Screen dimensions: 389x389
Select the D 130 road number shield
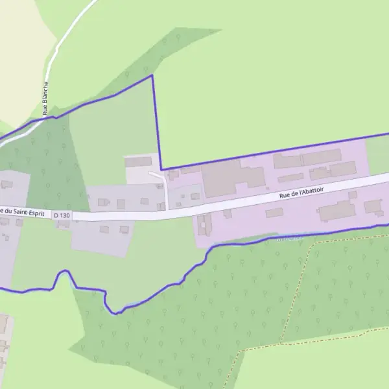(62, 215)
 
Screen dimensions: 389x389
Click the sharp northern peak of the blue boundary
(152, 76)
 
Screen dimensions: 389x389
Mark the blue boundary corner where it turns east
(161, 169)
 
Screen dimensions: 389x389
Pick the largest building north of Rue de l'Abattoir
(233, 178)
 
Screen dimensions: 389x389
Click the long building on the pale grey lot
(138, 161)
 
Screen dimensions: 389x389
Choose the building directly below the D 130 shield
(64, 224)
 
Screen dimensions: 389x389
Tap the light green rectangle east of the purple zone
(377, 156)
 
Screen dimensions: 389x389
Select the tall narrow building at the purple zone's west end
(200, 224)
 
